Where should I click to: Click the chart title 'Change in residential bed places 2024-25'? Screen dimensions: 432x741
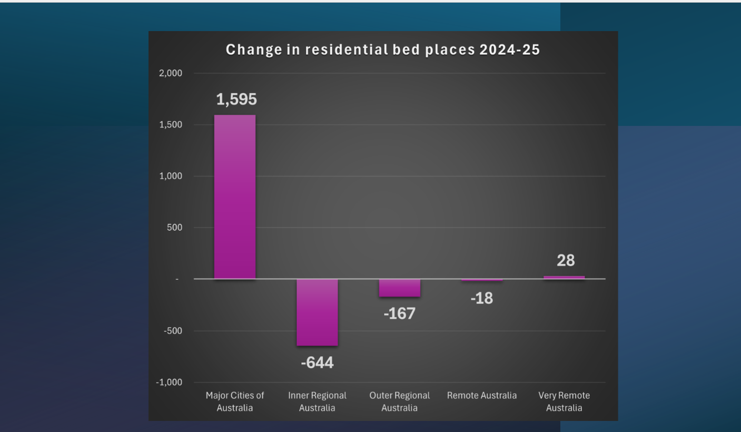383,50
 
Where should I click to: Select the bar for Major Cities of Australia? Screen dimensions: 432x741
235,197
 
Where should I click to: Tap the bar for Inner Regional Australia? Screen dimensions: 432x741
317,312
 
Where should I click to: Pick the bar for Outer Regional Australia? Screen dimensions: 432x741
399,288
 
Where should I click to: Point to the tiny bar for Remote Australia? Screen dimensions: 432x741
482,280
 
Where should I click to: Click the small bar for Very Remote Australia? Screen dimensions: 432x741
564,277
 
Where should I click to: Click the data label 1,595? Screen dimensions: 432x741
236,99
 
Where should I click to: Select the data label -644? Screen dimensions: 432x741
317,363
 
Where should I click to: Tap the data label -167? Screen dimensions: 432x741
399,313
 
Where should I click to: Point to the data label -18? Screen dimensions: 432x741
481,298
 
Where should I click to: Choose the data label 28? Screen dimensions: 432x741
566,260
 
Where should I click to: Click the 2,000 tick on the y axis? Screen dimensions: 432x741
170,73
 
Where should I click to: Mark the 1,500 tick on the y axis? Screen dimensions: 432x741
170,125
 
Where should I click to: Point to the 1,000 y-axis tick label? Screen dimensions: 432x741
170,176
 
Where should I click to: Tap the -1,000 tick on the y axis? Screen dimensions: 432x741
169,382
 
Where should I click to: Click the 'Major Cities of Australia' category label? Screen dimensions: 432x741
235,401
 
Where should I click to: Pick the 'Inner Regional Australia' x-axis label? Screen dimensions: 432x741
317,401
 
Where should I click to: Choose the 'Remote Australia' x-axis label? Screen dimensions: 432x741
482,395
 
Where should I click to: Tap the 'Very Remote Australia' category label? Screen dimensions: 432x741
564,401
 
